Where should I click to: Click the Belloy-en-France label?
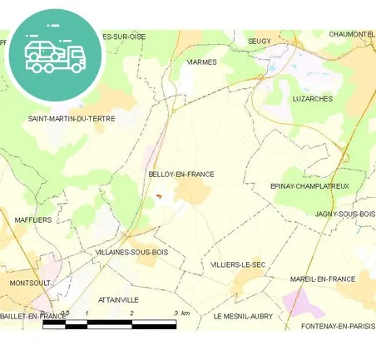click(181, 175)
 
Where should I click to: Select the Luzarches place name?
click(313, 98)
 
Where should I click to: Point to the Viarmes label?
click(201, 62)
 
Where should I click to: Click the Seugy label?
click(260, 41)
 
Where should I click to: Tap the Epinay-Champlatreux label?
click(310, 186)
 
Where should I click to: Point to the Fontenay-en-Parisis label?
click(338, 326)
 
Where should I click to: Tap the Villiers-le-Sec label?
click(238, 264)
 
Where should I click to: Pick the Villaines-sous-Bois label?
click(132, 252)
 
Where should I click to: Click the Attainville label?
click(118, 299)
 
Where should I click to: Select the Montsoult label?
click(30, 283)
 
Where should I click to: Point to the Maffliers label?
click(33, 220)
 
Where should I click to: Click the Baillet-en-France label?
click(33, 317)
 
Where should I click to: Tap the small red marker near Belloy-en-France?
click(157, 196)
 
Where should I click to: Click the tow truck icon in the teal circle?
click(55, 54)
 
